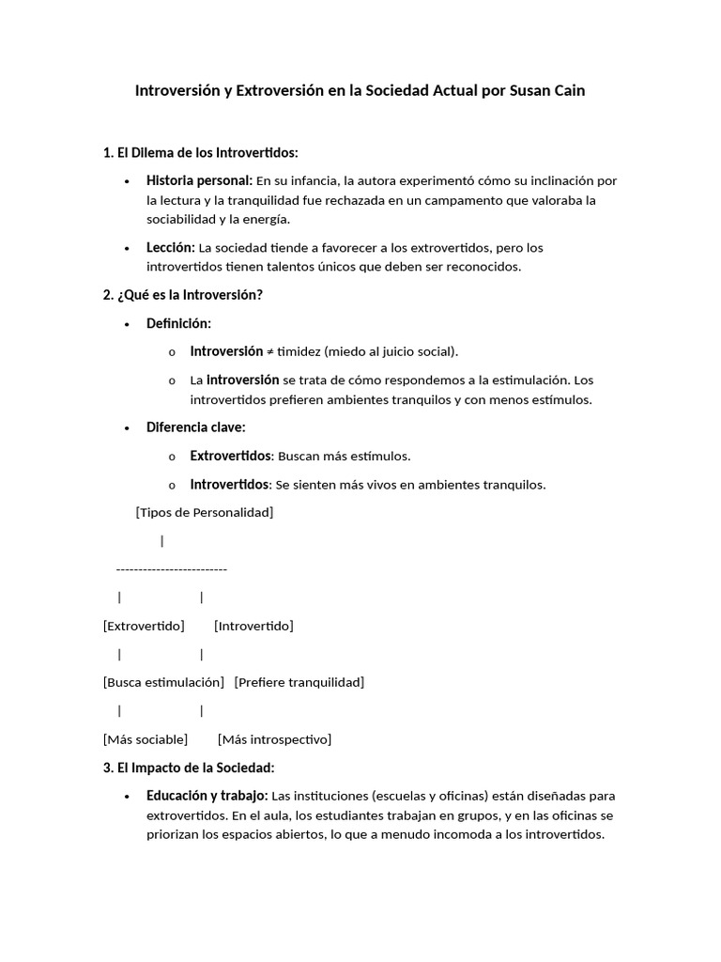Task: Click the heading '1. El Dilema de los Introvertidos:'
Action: pyautogui.click(x=200, y=152)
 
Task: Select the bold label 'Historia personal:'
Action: pyautogui.click(x=199, y=180)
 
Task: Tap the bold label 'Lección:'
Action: pyautogui.click(x=170, y=247)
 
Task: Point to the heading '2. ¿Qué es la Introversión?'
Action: pyautogui.click(x=182, y=295)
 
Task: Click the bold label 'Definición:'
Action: pyautogui.click(x=178, y=323)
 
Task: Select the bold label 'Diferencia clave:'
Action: pyautogui.click(x=195, y=427)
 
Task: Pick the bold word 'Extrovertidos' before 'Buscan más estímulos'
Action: pyautogui.click(x=231, y=456)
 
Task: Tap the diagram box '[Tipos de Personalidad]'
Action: pyautogui.click(x=205, y=512)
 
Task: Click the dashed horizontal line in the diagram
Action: pyautogui.click(x=171, y=569)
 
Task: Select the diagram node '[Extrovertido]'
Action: pyautogui.click(x=144, y=626)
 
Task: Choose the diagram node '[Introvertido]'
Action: pyautogui.click(x=253, y=626)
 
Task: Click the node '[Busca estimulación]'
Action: pyautogui.click(x=163, y=682)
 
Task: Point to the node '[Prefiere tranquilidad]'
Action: pyautogui.click(x=299, y=682)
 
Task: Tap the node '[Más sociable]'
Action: pyautogui.click(x=146, y=739)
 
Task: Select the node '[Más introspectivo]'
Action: pyautogui.click(x=274, y=739)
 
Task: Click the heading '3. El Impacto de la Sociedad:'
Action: pyautogui.click(x=188, y=768)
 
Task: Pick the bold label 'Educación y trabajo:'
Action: pyautogui.click(x=207, y=796)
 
